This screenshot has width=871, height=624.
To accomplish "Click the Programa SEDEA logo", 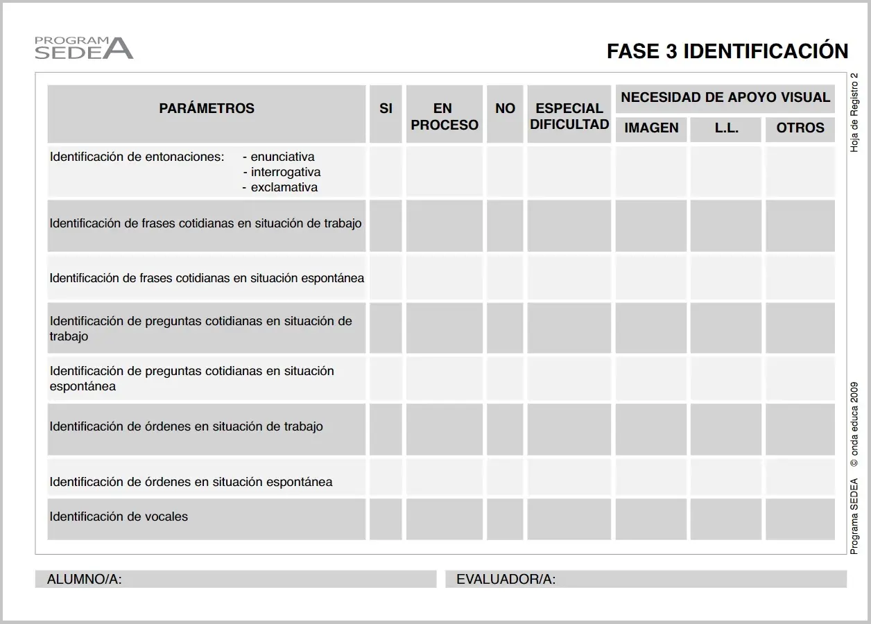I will pos(83,47).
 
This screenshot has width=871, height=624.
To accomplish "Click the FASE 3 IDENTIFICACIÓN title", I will pos(727,51).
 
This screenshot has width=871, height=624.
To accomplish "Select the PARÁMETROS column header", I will pos(207,109).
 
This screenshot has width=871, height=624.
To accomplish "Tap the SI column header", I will pos(386,109).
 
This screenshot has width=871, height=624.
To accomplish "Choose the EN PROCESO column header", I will pos(444,116).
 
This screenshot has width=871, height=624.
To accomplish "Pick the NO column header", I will pos(505,109).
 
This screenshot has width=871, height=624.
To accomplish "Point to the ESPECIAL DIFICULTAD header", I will pos(569,116).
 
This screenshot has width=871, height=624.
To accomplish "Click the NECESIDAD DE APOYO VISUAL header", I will pos(725,98).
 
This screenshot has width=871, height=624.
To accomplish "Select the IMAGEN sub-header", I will pos(651,128).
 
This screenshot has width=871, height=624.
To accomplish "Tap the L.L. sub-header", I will pos(726,128).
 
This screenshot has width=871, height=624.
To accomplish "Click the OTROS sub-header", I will pos(800,128).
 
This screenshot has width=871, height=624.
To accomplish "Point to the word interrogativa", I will pos(285,172).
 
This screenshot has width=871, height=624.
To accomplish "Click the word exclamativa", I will pos(284,187).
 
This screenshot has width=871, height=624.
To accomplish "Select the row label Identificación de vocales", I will pos(119,517).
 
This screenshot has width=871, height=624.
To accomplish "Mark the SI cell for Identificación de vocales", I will pos(386,519).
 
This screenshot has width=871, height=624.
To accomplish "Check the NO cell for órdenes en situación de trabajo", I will pos(505,429).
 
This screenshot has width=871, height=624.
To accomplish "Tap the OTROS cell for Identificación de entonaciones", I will pos(800,171).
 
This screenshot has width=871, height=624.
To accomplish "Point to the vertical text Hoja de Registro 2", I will pos(854,112).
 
